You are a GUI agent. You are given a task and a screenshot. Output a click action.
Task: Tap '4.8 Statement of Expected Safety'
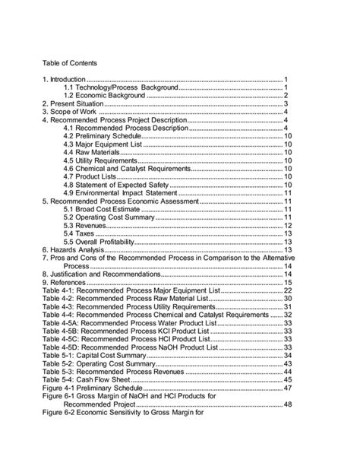coord(119,185)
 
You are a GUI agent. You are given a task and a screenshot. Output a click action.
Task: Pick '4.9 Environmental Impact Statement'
coord(125,193)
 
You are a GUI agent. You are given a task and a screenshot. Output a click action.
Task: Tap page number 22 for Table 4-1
coord(288,290)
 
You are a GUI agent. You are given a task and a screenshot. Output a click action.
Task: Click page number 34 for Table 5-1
coord(288,354)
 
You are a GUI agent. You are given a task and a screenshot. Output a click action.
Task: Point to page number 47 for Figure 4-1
coord(288,387)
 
